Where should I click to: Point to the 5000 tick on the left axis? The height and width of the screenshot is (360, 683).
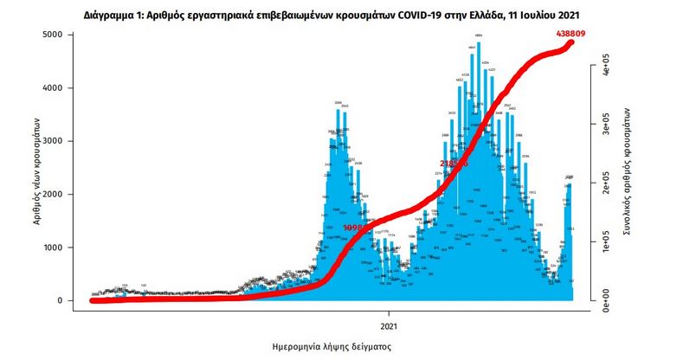tap(52, 35)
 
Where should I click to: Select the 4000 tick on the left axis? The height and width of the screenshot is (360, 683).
tap(52, 88)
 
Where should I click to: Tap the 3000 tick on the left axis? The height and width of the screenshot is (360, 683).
tap(52, 141)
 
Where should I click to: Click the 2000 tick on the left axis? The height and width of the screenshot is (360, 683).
tap(52, 195)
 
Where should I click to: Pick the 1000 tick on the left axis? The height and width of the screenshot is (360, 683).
tap(52, 247)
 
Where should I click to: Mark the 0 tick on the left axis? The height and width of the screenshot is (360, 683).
tap(59, 301)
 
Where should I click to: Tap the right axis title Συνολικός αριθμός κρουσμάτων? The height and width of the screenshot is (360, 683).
tap(626, 172)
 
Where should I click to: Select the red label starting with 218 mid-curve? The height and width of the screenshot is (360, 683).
tap(453, 163)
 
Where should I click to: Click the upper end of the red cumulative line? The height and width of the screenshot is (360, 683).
tap(571, 43)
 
